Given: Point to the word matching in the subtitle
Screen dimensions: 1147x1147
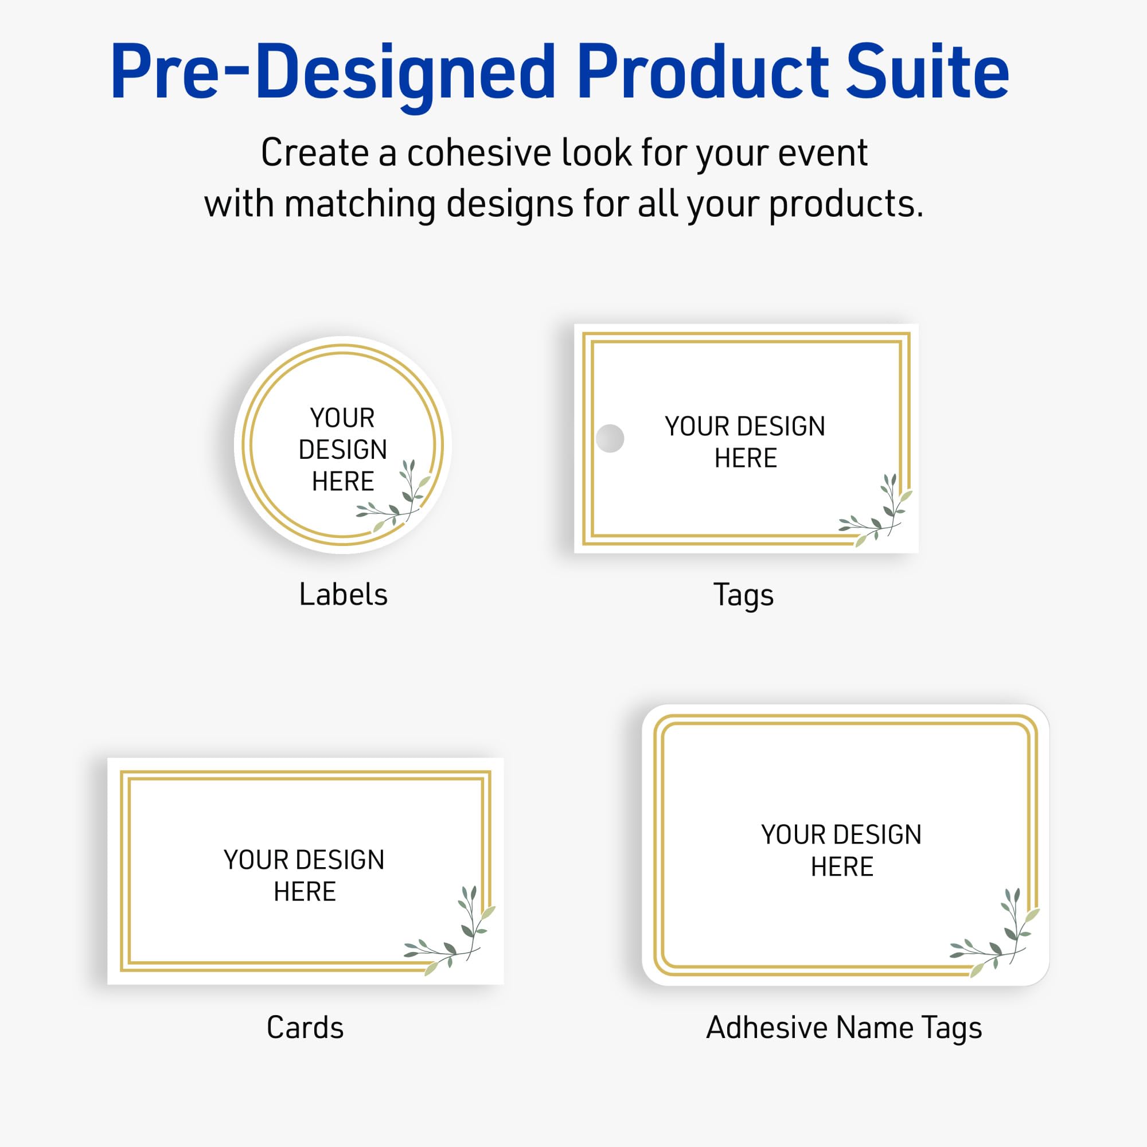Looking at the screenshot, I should [x=360, y=205].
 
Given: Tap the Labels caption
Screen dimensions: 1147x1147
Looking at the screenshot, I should [x=343, y=594].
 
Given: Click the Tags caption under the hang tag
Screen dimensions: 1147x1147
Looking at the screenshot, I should [x=743, y=595].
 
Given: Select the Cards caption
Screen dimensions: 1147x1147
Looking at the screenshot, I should [x=305, y=1028].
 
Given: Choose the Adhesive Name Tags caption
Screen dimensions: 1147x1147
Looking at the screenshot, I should [x=844, y=1028].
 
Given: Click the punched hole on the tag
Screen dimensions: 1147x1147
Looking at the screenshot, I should [x=610, y=438].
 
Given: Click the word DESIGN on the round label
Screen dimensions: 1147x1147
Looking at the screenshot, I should [x=342, y=450].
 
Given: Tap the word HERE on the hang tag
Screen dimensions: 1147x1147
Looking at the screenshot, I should [x=745, y=458].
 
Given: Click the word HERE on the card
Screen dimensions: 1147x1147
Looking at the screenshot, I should [x=305, y=892].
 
